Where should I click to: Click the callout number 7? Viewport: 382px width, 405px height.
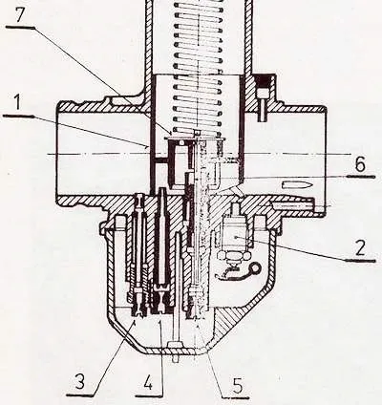click(20, 15)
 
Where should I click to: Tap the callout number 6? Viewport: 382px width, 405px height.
click(359, 164)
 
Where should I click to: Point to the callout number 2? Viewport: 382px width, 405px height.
click(361, 248)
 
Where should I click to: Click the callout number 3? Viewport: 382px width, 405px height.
click(79, 381)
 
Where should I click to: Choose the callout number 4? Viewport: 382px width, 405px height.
click(147, 380)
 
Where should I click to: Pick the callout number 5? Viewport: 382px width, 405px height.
click(237, 384)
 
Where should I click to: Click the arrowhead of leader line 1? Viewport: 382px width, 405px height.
click(147, 147)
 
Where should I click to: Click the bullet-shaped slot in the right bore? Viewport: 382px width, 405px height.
click(295, 184)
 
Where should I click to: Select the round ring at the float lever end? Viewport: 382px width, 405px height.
click(255, 268)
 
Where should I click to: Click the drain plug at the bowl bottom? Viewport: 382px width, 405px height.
click(176, 352)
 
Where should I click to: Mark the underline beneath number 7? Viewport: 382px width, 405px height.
click(20, 28)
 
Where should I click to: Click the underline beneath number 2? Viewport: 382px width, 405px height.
click(360, 261)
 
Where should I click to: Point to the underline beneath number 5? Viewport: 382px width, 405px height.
click(235, 397)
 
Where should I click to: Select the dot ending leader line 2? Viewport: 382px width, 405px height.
click(235, 237)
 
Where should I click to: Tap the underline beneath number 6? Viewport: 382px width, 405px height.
click(360, 176)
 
